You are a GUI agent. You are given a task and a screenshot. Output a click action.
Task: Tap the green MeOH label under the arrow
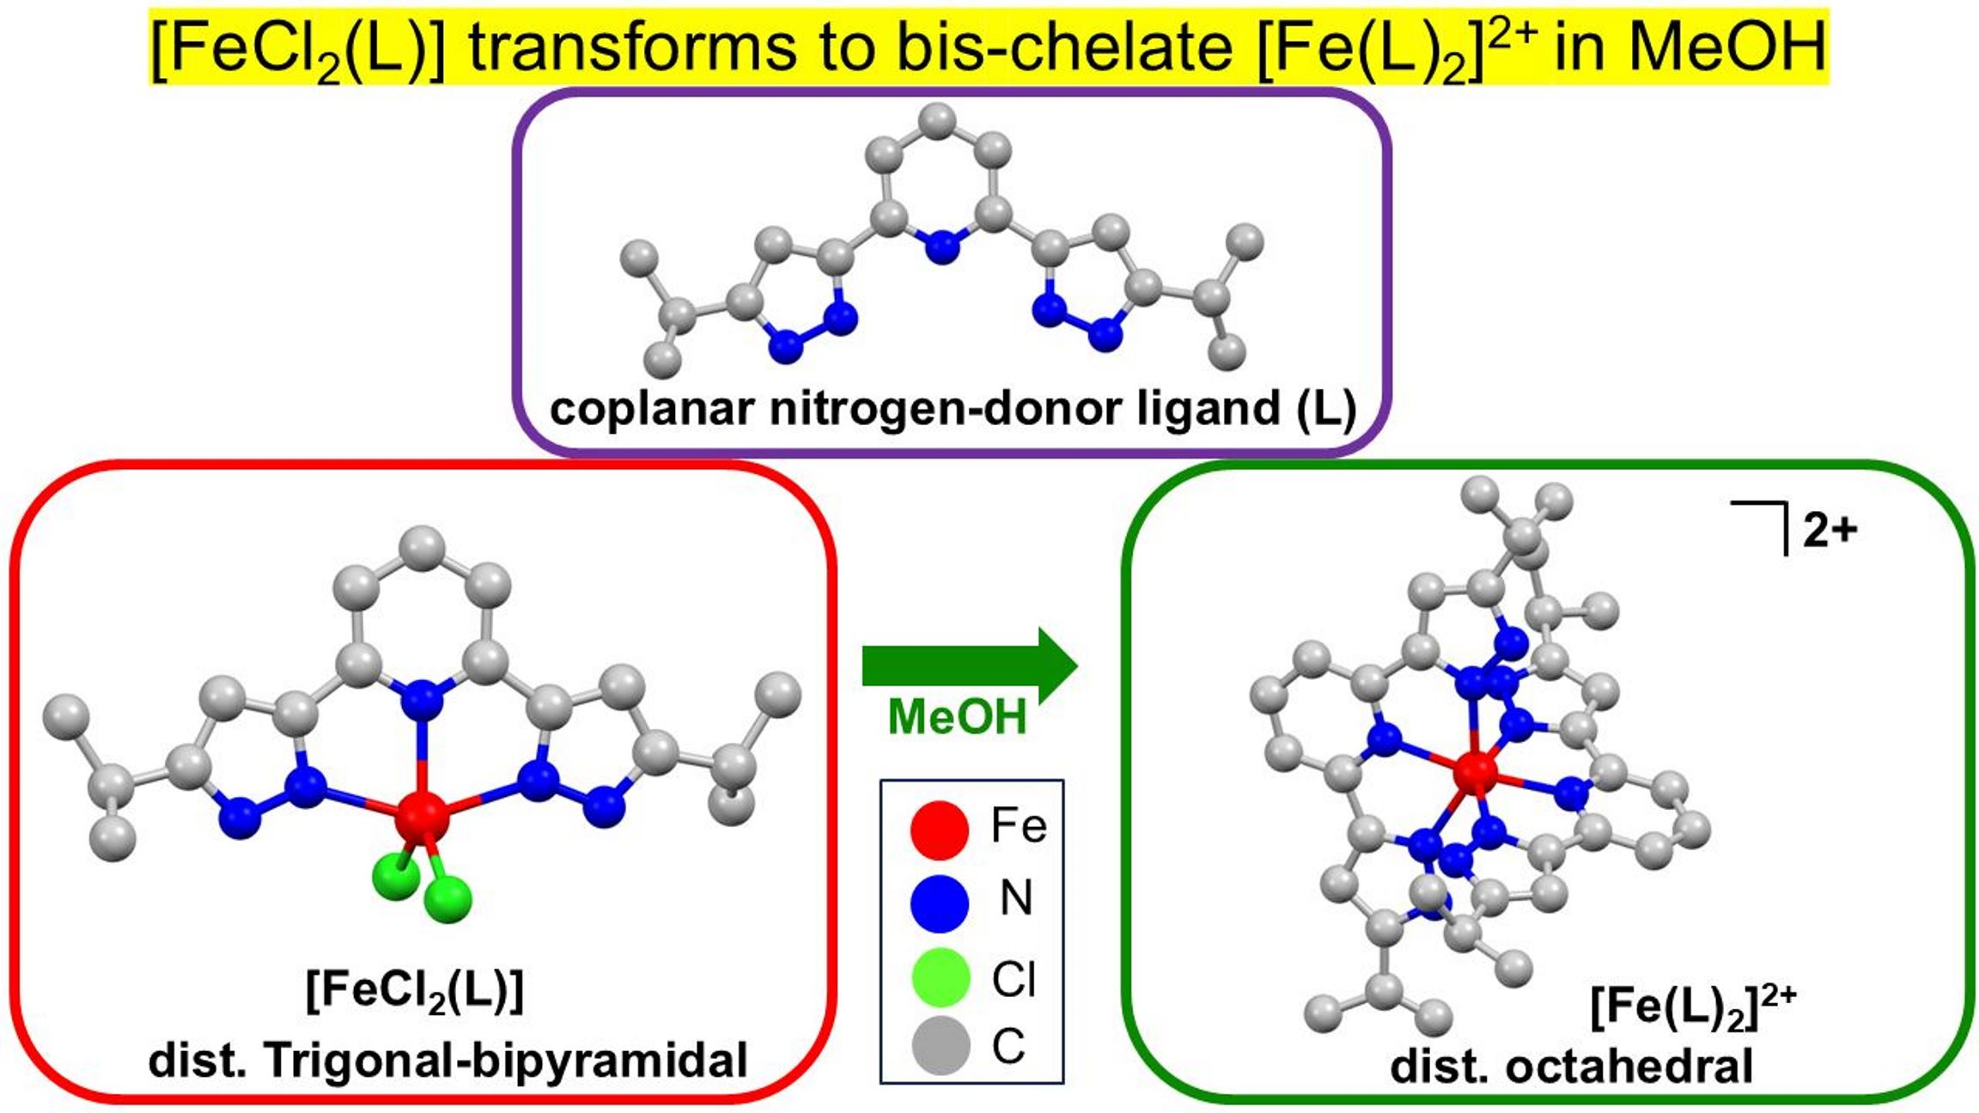pos(957,716)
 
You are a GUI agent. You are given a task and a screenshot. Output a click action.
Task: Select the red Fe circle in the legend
pos(940,830)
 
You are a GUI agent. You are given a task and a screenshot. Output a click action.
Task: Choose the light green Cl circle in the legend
pos(940,976)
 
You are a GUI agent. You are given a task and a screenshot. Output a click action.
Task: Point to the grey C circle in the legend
pos(940,1045)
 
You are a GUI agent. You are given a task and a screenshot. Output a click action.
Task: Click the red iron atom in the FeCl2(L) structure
pos(422,818)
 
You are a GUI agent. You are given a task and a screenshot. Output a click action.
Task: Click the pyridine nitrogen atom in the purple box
pos(943,246)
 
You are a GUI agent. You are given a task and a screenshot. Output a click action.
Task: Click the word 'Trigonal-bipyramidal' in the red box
pos(506,1060)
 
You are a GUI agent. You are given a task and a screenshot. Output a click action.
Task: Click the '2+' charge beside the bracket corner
pos(1830,532)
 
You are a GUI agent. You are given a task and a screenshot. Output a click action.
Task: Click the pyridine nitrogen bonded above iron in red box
pos(422,700)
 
